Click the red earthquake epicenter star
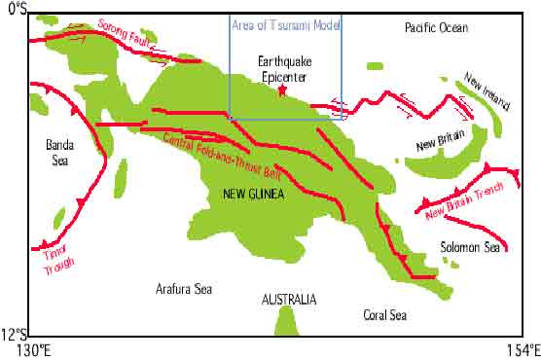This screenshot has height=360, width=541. (x=282, y=90)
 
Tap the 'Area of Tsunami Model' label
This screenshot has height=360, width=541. (x=287, y=24)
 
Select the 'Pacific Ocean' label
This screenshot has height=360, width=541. (x=436, y=28)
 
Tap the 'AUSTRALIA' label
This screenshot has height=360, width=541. (x=289, y=300)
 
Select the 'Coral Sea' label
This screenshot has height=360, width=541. (x=386, y=314)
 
